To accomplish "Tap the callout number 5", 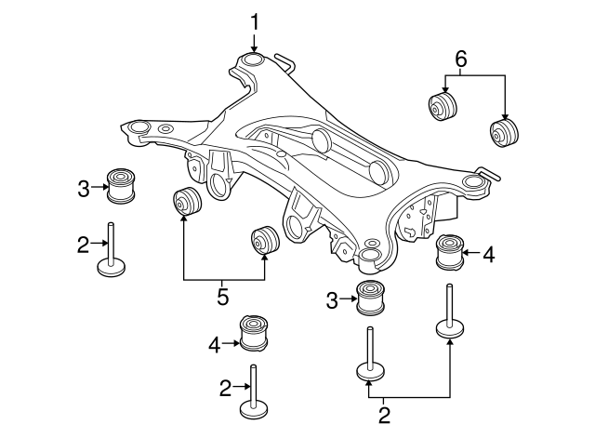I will coord(222,299).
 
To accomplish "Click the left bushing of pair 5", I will coord(188,203).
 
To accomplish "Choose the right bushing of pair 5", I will coord(266,241).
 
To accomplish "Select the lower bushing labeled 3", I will coord(372,299).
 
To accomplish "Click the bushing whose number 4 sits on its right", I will coord(451,251).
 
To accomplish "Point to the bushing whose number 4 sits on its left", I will coord(254,333).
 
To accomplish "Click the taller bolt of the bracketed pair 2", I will coord(450,321).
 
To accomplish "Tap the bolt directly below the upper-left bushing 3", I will coord(112,250).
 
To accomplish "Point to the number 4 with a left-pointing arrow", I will coord(489,251).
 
